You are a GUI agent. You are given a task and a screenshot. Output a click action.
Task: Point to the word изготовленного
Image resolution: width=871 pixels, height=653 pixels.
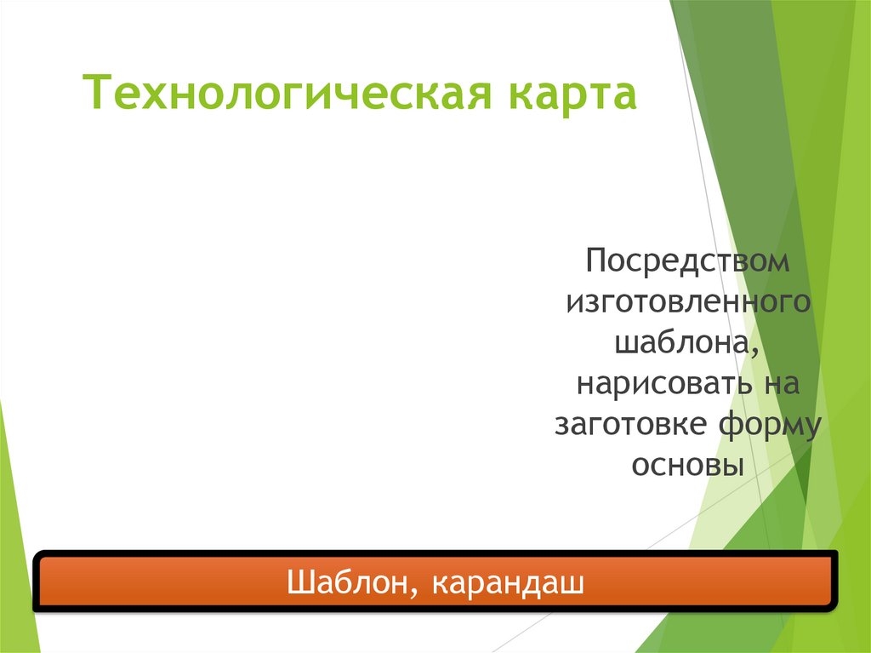[x=687, y=302]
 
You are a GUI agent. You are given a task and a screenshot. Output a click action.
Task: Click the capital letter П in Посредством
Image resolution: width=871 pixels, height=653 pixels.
[x=595, y=261]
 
